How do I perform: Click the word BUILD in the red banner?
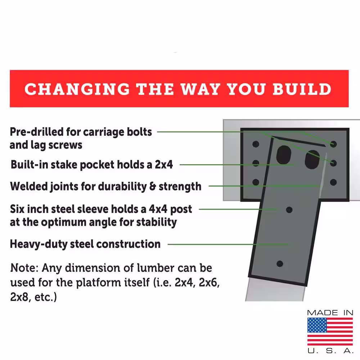(302, 89)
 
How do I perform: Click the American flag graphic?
(330, 332)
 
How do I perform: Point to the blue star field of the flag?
(317, 325)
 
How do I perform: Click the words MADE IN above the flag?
(330, 313)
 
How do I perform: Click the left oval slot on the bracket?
(284, 155)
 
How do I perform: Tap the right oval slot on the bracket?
(312, 159)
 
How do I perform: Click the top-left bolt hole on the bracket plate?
(256, 144)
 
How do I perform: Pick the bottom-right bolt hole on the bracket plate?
(333, 182)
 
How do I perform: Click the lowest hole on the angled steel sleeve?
(280, 264)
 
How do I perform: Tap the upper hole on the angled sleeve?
(289, 210)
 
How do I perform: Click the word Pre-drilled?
(37, 132)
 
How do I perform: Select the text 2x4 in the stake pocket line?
(164, 165)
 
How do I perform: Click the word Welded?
(29, 186)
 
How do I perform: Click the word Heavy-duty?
(39, 244)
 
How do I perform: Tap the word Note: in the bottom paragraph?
(24, 268)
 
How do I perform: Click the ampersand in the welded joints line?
(152, 186)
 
